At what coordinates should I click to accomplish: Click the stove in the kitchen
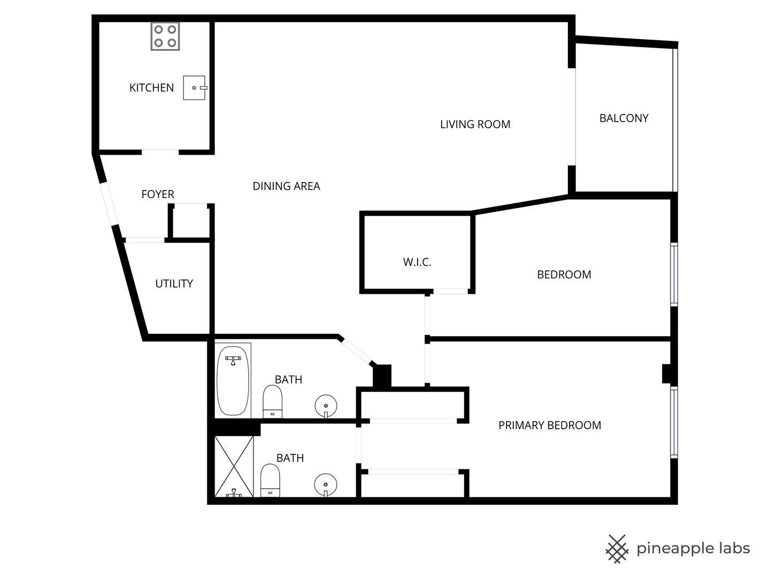tap(165, 36)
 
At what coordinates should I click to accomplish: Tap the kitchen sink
tap(194, 88)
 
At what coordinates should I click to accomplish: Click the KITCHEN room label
tap(151, 88)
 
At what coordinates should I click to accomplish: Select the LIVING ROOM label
tap(475, 124)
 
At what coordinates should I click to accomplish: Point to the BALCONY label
tap(623, 118)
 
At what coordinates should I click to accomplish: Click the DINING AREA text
tap(286, 186)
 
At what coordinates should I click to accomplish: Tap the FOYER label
tap(158, 194)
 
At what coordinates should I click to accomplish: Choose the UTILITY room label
tap(174, 284)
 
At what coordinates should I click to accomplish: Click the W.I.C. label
tap(417, 262)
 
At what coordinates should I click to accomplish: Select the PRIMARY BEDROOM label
tap(550, 425)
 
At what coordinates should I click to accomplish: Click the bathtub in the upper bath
tap(233, 381)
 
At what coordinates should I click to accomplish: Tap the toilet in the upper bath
tap(273, 401)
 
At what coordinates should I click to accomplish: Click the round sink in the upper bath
tap(326, 405)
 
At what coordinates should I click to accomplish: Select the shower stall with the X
tap(234, 467)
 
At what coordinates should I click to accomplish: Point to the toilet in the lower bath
tap(270, 480)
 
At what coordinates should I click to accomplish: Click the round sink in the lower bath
tap(326, 484)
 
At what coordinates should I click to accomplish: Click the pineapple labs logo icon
tap(617, 549)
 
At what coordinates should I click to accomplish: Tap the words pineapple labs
tap(693, 549)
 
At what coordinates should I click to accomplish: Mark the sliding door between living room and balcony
tap(572, 117)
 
